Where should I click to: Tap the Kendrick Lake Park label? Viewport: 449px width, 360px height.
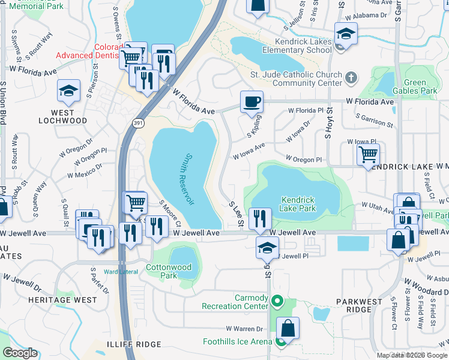(x=298, y=204)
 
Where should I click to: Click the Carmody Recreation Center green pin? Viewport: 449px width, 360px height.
(x=277, y=301)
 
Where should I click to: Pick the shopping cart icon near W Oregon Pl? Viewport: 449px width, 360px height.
(x=368, y=155)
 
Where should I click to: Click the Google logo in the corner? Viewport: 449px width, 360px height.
(x=20, y=353)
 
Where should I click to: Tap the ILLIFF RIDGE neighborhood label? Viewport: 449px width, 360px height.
(x=138, y=344)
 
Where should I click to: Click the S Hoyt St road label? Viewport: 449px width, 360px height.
(x=328, y=124)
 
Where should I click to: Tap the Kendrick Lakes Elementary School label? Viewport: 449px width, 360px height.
(x=303, y=46)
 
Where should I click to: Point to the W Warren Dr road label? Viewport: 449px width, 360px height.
(x=244, y=329)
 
